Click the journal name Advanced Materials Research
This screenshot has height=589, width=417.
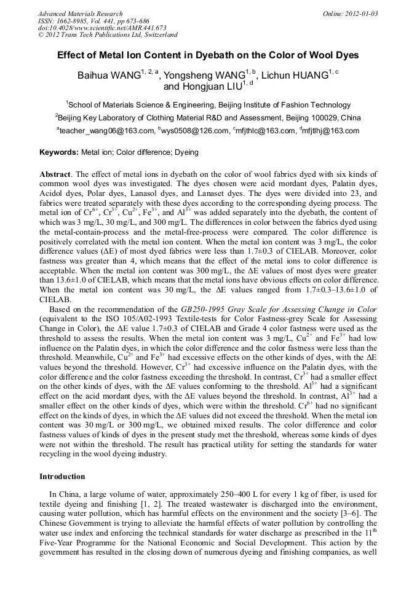click(x=81, y=14)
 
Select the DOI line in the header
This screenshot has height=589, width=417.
click(x=102, y=28)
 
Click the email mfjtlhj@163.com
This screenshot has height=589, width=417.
click(x=333, y=131)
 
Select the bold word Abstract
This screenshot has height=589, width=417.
click(x=54, y=175)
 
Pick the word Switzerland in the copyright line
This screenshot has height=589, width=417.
click(x=158, y=35)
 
